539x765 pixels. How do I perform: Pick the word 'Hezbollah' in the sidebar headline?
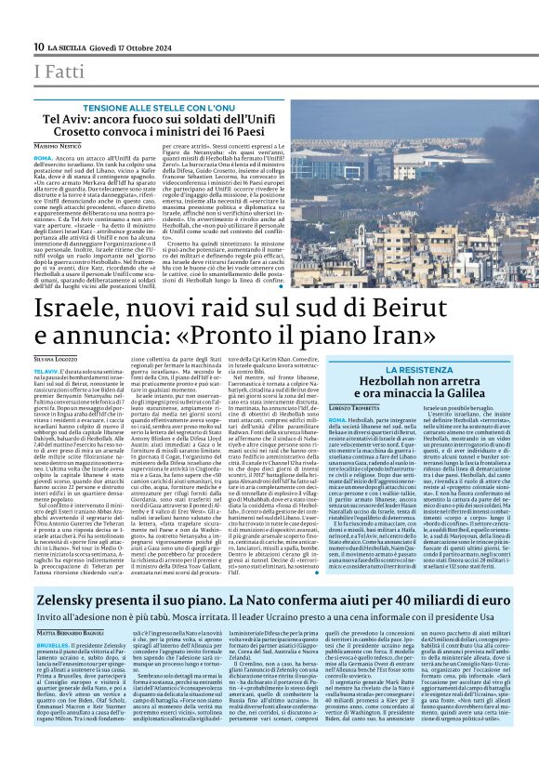[403, 383]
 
